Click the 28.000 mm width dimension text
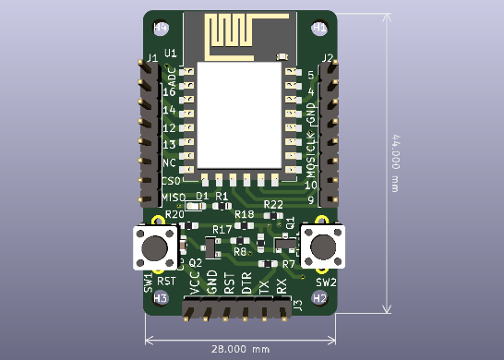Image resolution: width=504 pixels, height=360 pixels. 239,350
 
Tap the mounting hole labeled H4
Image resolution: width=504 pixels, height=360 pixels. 161,28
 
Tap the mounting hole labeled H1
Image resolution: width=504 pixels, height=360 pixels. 319,28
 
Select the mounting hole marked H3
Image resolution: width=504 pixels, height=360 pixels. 161,298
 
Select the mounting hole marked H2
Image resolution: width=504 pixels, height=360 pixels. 319,298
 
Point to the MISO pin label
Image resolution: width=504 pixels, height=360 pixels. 174,198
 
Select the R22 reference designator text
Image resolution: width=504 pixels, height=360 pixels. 273,205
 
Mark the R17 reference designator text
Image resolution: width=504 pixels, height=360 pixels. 222,229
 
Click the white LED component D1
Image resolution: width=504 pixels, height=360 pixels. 203,207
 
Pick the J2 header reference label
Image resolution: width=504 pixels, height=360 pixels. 327,58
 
